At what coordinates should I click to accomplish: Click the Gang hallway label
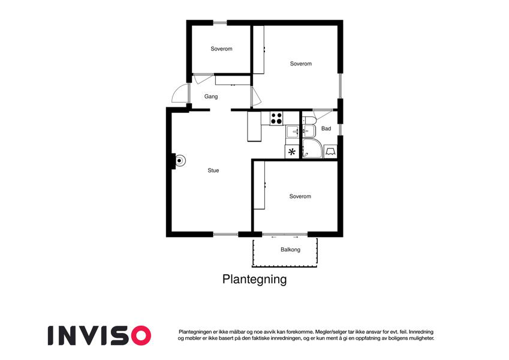211,97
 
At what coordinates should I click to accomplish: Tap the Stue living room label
213,170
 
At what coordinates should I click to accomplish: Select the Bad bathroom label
326,128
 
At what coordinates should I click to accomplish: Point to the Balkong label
290,250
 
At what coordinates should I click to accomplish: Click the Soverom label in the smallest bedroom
221,49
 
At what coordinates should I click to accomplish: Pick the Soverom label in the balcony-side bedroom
300,196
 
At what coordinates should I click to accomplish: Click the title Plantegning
254,279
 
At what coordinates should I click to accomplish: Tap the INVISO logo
100,335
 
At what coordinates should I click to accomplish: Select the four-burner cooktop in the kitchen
276,118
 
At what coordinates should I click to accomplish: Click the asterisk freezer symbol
292,152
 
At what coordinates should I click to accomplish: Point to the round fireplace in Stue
179,161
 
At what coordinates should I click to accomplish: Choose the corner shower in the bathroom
312,149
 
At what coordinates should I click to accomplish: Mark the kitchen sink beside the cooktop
293,131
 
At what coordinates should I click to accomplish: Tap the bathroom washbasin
308,131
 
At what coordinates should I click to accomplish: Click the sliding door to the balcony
285,234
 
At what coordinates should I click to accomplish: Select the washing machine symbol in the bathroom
330,152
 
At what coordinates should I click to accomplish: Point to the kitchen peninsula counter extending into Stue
254,127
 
